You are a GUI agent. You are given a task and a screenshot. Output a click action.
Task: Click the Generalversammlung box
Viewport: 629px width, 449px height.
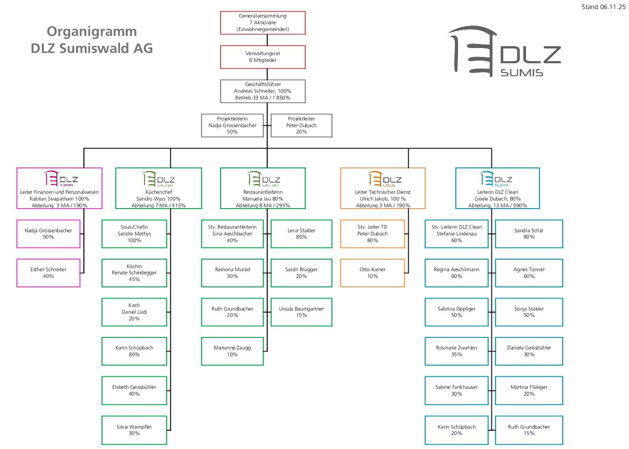coord(263,23)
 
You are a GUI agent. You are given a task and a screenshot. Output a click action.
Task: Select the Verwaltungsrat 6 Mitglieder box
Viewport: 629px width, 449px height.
coord(263,57)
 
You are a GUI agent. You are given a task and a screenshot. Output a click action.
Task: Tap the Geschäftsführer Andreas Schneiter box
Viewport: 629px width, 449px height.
coord(263,91)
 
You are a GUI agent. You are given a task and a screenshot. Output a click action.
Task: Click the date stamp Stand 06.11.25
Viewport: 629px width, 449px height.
coord(603,7)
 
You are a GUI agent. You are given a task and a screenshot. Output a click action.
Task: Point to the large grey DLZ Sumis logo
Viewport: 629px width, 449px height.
coord(504,52)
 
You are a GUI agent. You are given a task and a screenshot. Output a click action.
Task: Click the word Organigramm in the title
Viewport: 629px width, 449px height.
coord(92,31)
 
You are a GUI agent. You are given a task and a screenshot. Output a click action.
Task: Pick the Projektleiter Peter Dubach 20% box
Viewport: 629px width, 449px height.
coord(301,125)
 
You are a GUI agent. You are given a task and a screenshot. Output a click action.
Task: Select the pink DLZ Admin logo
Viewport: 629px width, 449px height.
coord(61,178)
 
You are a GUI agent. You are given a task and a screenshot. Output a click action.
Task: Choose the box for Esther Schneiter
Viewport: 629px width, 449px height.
coord(48,273)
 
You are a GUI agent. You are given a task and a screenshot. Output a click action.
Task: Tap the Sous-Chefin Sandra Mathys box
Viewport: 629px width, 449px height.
coord(134,234)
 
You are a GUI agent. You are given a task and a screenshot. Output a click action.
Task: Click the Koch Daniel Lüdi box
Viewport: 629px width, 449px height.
coord(134,312)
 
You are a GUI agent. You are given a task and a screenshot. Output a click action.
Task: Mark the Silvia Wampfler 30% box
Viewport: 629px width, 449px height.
coord(134,430)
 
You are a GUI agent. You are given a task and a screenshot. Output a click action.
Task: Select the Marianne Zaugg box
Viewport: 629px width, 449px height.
coord(232,351)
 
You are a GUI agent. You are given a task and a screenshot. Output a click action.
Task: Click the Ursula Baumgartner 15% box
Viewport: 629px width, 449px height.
coord(301,312)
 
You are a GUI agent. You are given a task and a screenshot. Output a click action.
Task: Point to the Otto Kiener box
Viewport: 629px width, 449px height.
coord(372,273)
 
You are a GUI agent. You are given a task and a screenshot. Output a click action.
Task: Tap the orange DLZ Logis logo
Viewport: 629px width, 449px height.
coord(385,179)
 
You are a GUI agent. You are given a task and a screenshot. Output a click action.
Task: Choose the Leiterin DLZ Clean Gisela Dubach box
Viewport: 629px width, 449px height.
coord(497,188)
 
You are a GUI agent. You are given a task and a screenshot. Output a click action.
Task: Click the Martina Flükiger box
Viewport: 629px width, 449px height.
coord(529,391)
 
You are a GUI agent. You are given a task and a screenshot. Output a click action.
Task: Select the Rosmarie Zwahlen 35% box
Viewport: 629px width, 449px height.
coord(457,351)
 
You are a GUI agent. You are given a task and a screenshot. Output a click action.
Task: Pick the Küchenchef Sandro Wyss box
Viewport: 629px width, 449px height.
coord(158,188)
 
